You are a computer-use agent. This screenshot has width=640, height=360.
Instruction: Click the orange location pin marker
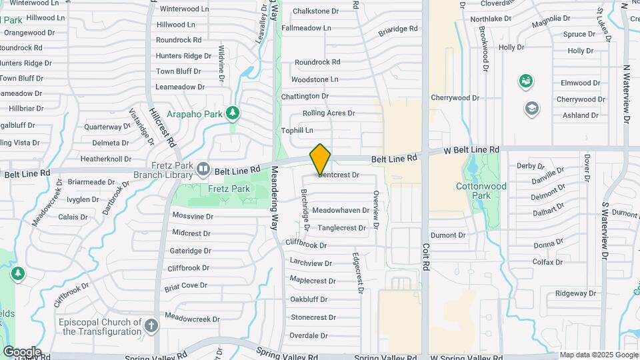tap(320, 159)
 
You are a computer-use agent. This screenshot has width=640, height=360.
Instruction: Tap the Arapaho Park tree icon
tap(232, 113)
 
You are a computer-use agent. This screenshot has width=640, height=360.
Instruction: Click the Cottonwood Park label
tap(473, 191)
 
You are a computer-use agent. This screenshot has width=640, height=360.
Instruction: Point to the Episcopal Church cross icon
tap(151, 325)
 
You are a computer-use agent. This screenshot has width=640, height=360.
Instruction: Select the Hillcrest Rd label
tap(162, 127)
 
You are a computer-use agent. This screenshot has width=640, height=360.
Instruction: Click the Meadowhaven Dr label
tap(341, 210)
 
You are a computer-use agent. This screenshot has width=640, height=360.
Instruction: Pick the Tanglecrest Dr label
tap(342, 228)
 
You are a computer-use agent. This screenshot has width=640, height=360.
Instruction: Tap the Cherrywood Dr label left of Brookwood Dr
tap(455, 97)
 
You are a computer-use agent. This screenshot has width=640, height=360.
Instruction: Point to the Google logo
tap(22, 352)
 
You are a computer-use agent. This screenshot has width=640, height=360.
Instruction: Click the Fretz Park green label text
tap(229, 189)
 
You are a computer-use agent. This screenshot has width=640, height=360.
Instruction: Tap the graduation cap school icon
tap(531, 108)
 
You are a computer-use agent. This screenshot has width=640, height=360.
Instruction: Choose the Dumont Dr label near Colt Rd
tap(448, 235)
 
